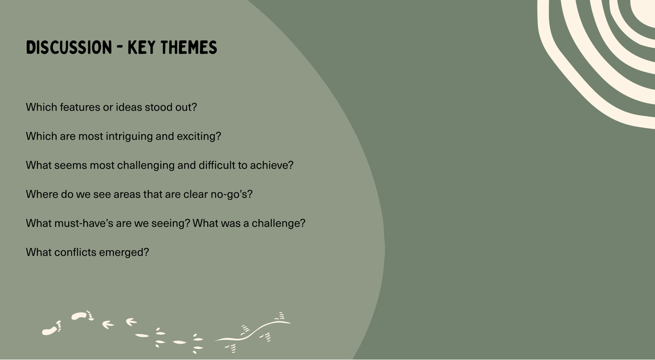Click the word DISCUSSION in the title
click(x=69, y=47)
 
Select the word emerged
click(x=124, y=253)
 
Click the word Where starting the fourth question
click(x=42, y=194)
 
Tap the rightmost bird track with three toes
click(x=131, y=322)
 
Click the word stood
click(x=159, y=107)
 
